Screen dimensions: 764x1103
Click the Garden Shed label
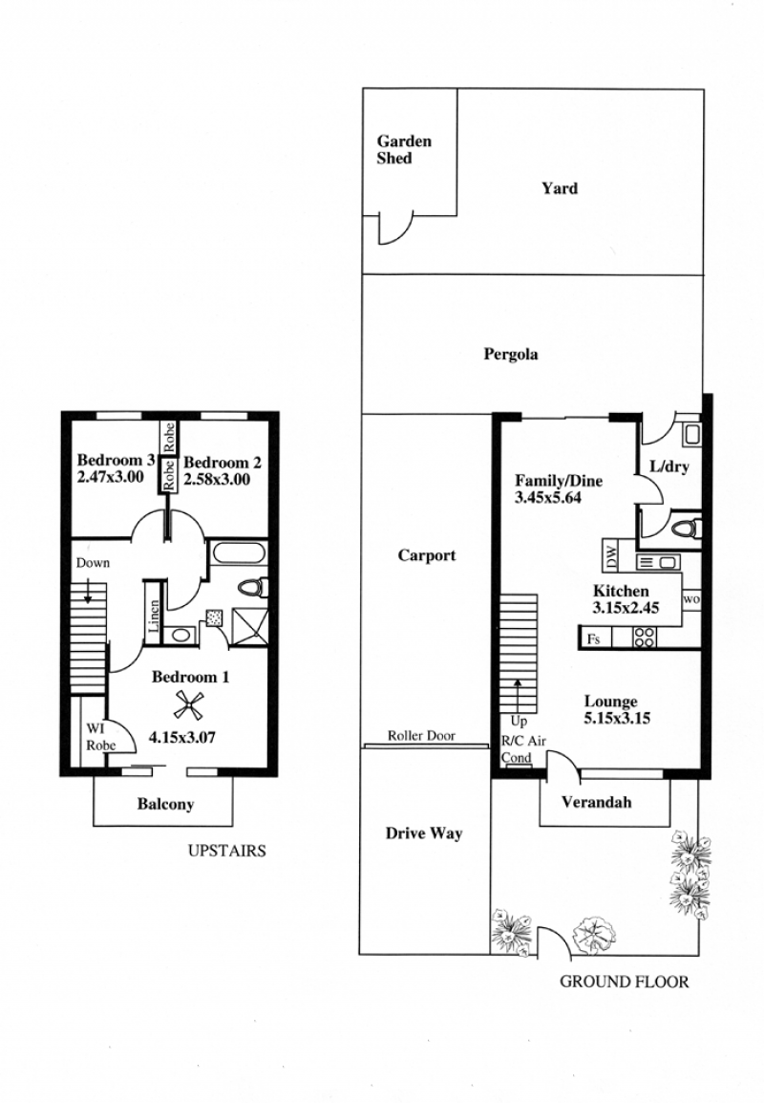[x=404, y=149]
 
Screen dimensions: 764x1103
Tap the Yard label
[x=560, y=188]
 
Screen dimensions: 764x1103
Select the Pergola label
[x=511, y=354]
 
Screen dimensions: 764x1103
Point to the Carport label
[x=427, y=555]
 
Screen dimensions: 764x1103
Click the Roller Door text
[x=421, y=735]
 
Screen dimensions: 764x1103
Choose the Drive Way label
[x=424, y=833]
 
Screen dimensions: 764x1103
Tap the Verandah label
[x=596, y=802]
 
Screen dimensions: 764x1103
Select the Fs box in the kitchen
[x=595, y=638]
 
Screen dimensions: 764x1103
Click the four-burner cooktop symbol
[x=645, y=638]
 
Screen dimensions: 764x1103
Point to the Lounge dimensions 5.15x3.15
[x=617, y=718]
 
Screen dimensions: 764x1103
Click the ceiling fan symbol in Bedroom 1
[x=188, y=704]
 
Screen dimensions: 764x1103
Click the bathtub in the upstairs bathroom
[x=239, y=552]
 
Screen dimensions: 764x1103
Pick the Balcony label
[x=165, y=804]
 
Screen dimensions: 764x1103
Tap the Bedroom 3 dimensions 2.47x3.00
[x=111, y=476]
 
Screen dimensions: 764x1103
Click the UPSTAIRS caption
[x=227, y=851]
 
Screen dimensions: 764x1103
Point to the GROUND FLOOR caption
[x=625, y=982]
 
